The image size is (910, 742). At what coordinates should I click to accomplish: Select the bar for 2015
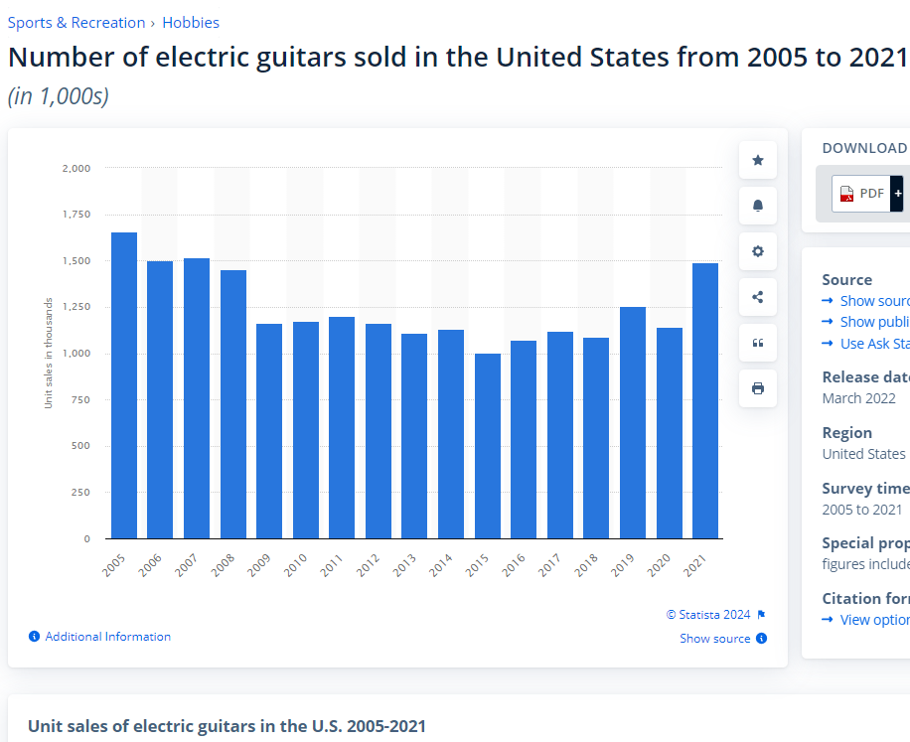(x=487, y=446)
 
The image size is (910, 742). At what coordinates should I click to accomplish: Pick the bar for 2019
(x=633, y=422)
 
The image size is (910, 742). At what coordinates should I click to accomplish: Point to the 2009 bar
(x=269, y=431)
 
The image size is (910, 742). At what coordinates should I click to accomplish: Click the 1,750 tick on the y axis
(x=76, y=215)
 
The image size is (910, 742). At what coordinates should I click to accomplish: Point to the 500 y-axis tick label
(x=80, y=446)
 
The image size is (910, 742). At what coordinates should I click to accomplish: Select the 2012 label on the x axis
(x=368, y=565)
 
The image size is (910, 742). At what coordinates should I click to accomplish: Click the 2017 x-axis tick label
(x=549, y=565)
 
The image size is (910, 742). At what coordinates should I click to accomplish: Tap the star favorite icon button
(x=758, y=160)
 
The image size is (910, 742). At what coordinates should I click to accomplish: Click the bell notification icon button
(x=758, y=206)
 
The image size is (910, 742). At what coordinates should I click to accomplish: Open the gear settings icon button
(x=758, y=251)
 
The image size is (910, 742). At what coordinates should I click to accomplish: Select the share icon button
(x=758, y=297)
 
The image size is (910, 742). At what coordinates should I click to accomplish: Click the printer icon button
(x=758, y=388)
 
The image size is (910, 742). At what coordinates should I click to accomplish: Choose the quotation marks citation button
(x=758, y=343)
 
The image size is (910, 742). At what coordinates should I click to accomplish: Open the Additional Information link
(x=107, y=637)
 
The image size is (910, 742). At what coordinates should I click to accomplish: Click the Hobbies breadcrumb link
(x=191, y=22)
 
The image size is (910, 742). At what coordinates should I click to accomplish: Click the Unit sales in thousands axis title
(x=48, y=353)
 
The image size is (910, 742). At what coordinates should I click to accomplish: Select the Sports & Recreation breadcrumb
(x=76, y=22)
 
